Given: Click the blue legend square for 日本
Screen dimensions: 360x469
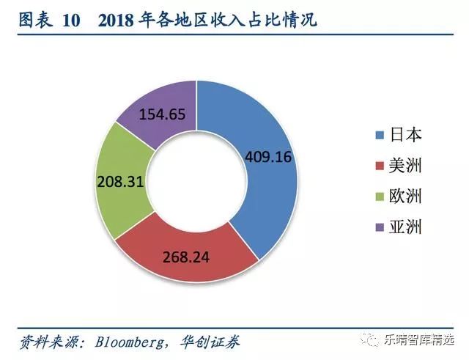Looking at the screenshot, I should [x=379, y=135].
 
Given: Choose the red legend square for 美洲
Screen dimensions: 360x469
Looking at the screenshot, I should [x=379, y=166].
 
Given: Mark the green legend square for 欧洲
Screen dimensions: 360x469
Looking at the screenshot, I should [x=379, y=196].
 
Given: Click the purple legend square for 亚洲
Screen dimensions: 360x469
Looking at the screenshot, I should [x=379, y=227].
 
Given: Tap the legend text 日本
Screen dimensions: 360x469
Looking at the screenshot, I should [x=407, y=135].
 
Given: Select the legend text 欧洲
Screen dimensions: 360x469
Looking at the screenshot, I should [x=407, y=196].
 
